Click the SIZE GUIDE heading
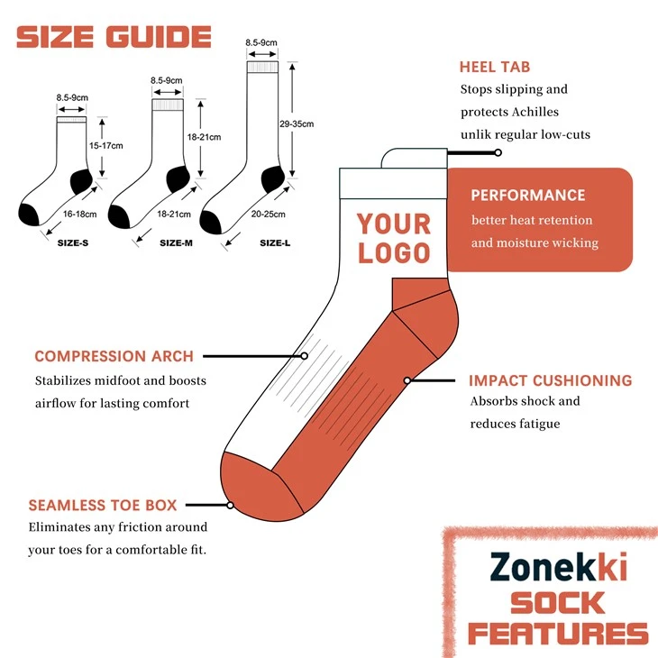coord(114,37)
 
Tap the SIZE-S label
coord(73,243)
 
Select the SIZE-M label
coord(176,243)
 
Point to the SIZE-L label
coord(275,243)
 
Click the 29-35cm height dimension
coord(297,123)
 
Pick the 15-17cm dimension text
coord(105,146)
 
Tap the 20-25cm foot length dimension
coord(268,214)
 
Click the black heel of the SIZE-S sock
coord(81,181)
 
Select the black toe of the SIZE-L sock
coord(211,222)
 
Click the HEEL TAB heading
coord(495,67)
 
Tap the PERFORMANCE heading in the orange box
coord(528,195)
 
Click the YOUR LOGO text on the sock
coord(394,238)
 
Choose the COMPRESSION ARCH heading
coord(114,356)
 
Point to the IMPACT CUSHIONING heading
coord(551,380)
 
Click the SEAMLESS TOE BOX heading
coord(103,506)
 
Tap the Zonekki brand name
coord(559,567)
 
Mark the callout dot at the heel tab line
coord(498,152)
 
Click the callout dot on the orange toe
coord(230,506)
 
